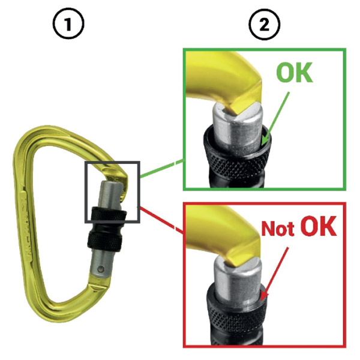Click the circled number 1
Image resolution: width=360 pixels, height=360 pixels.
tap(68, 24)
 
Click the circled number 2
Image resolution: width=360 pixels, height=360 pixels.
tap(264, 24)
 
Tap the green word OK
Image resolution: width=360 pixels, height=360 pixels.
tap(295, 73)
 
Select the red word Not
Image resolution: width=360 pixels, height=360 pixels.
tap(278, 229)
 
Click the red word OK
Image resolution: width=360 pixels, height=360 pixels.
tap(319, 226)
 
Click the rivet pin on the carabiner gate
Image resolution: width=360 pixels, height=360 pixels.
tap(100, 269)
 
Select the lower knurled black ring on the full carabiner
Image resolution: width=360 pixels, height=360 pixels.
tap(104, 241)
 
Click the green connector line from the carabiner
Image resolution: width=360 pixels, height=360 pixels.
tap(162, 169)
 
